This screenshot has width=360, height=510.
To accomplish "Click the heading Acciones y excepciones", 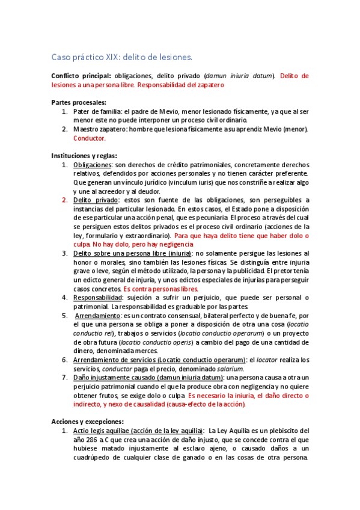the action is (x=87, y=422).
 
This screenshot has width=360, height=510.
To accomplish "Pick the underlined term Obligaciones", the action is (x=93, y=165).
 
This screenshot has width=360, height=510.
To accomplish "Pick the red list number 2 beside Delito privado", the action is (x=64, y=200).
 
